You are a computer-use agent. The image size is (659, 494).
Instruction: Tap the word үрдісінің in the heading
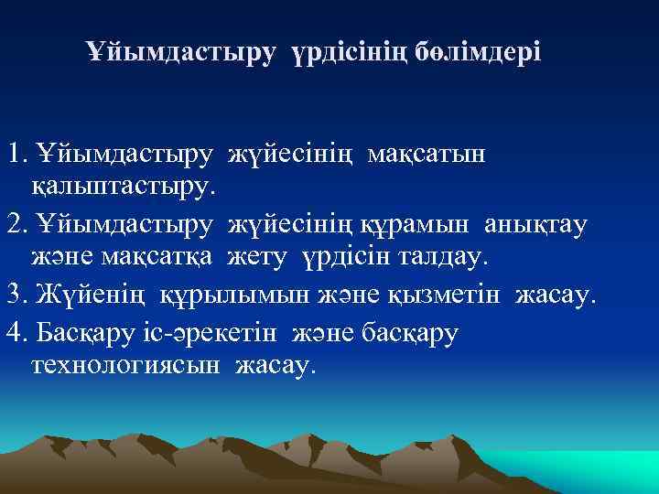(346, 52)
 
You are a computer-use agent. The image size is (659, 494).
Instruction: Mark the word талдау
(443, 259)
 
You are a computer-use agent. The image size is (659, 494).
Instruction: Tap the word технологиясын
(125, 365)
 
